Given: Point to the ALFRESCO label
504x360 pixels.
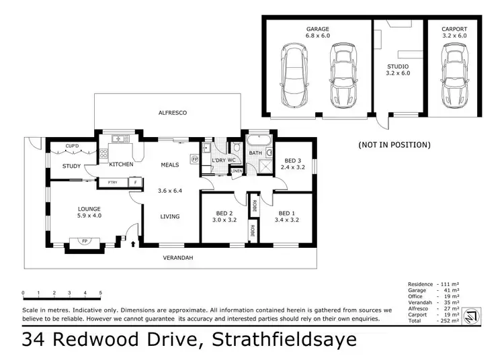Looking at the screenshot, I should (x=172, y=112).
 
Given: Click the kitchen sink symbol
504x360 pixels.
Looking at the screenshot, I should (x=121, y=139).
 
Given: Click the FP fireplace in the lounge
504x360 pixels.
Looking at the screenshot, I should (x=85, y=240).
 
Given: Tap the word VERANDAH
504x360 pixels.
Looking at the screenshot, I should (x=179, y=257).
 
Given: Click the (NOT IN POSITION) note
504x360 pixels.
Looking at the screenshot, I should (x=394, y=144).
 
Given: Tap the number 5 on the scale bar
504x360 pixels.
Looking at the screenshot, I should (x=101, y=293).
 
